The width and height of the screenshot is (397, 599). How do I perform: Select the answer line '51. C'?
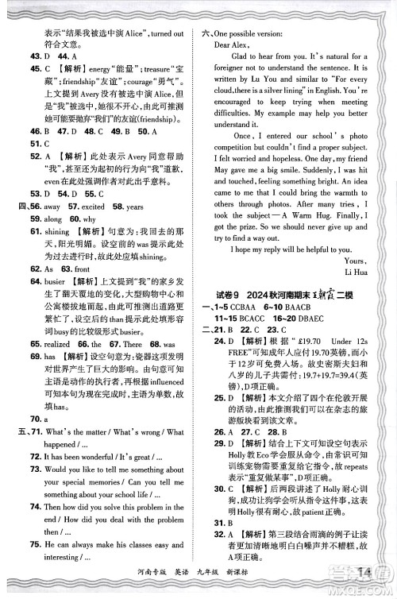[x=40, y=144]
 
